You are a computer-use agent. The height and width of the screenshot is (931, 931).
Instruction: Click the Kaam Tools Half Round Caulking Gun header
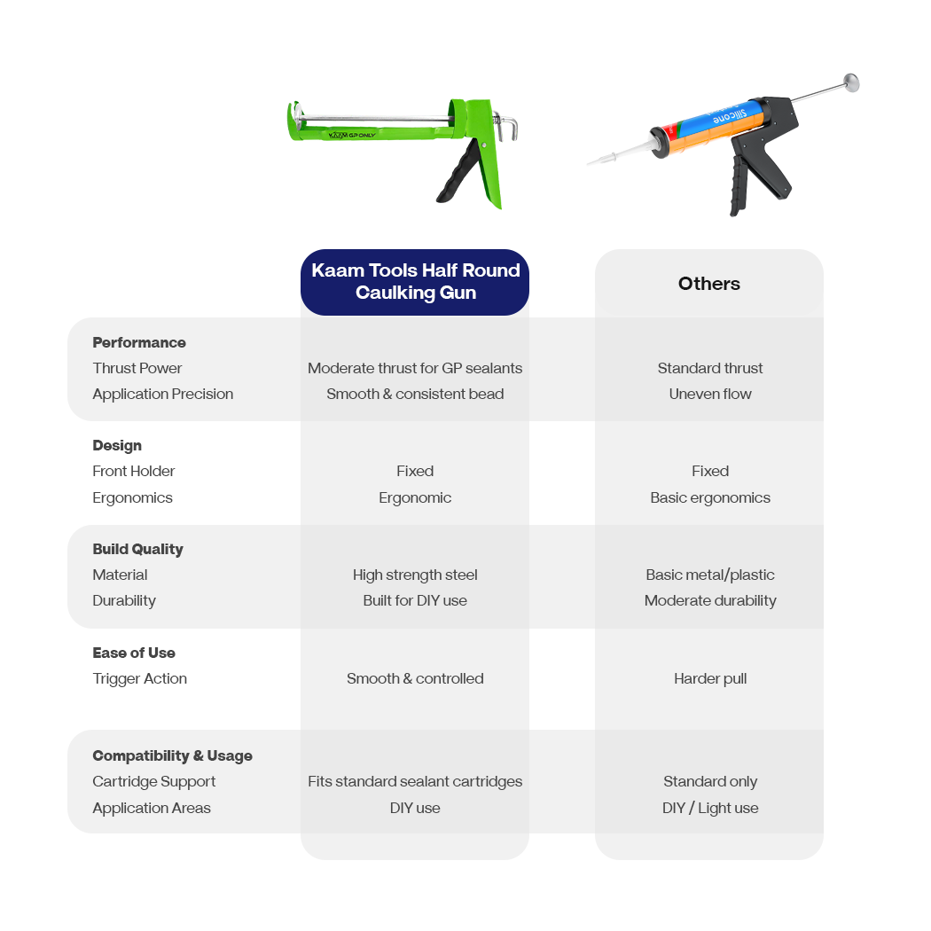tap(415, 281)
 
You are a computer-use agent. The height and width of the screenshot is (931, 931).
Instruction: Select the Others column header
tap(709, 283)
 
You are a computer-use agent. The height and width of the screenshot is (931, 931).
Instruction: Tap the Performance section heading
tap(139, 342)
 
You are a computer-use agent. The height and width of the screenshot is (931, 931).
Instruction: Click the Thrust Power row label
tap(137, 368)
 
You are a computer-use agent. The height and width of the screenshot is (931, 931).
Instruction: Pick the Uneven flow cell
tap(710, 394)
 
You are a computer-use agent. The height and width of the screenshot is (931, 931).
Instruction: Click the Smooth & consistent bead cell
tap(415, 394)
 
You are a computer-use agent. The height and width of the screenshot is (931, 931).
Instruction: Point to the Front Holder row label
tap(134, 471)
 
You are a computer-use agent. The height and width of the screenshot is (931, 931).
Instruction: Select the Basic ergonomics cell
tap(710, 497)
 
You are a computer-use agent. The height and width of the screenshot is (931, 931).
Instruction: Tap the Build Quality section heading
tap(137, 549)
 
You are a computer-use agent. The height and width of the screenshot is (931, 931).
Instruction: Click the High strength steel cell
tap(415, 575)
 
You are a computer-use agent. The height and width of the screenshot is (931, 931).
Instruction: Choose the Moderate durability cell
tap(710, 600)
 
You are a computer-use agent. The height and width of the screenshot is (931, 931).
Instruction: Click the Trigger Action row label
tap(139, 678)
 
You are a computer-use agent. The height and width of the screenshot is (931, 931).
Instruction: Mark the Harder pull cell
tap(710, 678)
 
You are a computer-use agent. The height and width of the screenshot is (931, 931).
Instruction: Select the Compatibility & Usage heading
tap(172, 755)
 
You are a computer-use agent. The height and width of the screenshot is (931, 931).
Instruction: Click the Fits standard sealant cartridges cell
tap(415, 781)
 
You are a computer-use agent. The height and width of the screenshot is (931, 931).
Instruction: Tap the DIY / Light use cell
tap(710, 808)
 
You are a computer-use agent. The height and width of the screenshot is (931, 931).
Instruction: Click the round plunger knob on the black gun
tap(851, 82)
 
